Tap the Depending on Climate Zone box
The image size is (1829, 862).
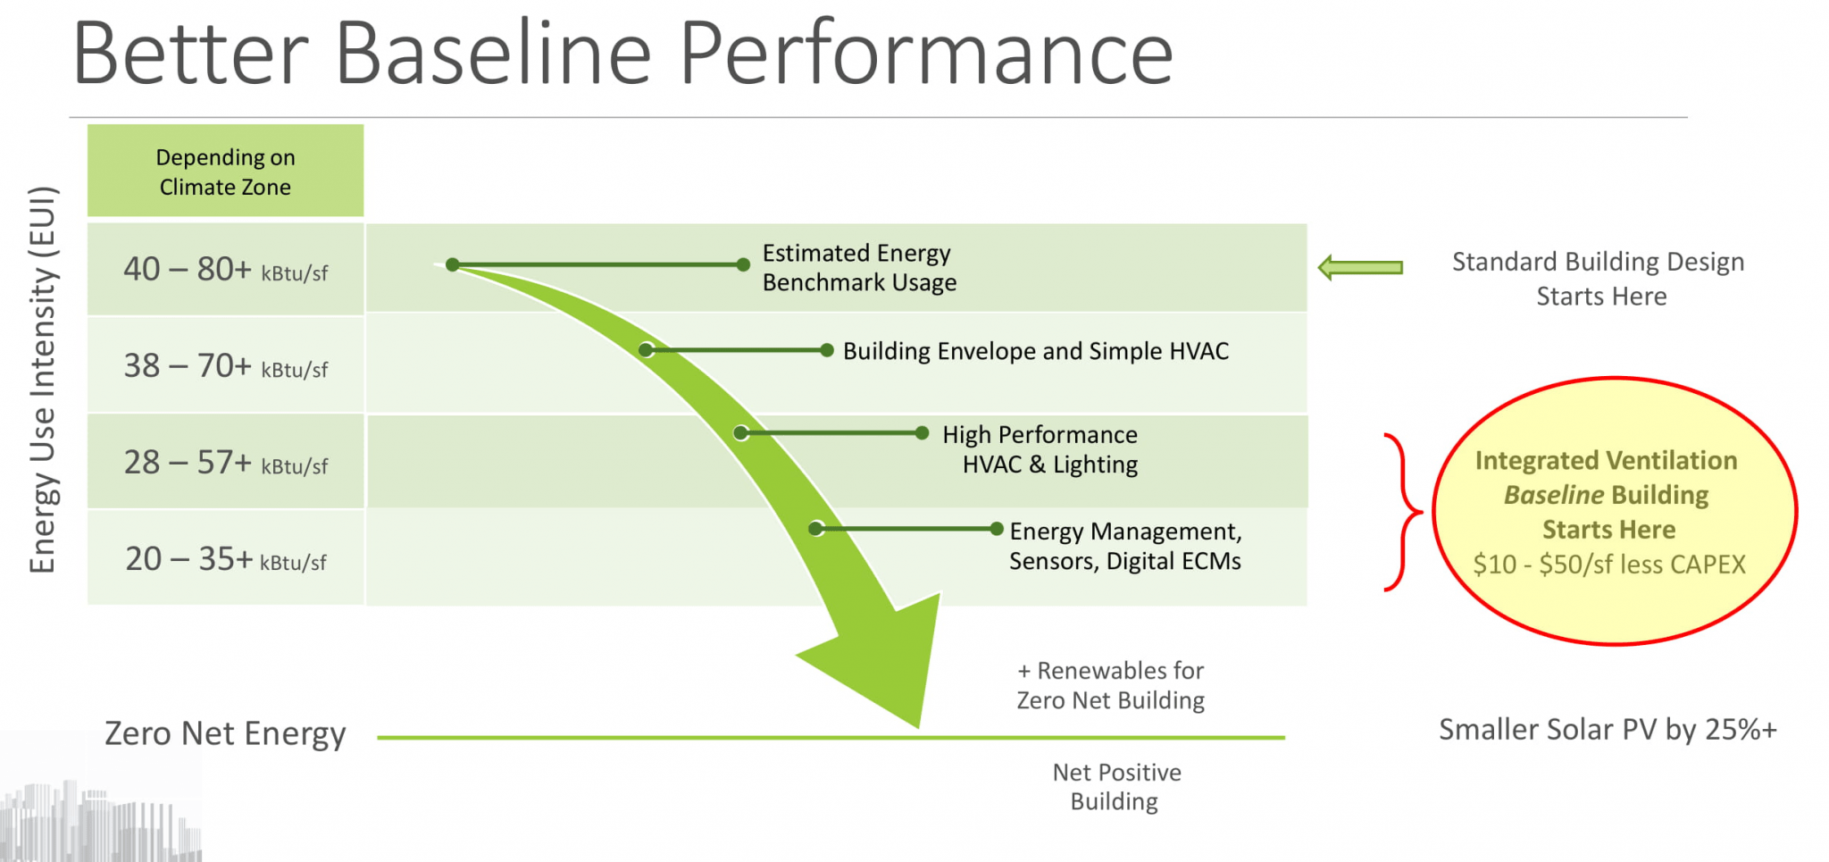pyautogui.click(x=225, y=172)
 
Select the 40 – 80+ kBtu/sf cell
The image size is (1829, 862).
pyautogui.click(x=225, y=270)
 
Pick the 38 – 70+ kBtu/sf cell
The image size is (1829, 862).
pyautogui.click(x=225, y=366)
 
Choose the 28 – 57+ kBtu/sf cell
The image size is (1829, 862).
pyautogui.click(x=225, y=463)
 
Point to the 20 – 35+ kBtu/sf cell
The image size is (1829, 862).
pyautogui.click(x=225, y=559)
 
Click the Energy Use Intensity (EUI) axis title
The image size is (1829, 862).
pyautogui.click(x=43, y=380)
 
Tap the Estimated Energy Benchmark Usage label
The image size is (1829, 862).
pyautogui.click(x=858, y=268)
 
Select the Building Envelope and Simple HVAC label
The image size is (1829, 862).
pyautogui.click(x=1035, y=351)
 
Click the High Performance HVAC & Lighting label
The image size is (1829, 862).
pyautogui.click(x=1041, y=449)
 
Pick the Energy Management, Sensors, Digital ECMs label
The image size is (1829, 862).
pyautogui.click(x=1125, y=546)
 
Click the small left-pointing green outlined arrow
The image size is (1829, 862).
pyautogui.click(x=1360, y=267)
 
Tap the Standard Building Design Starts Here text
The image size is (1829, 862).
pyautogui.click(x=1599, y=279)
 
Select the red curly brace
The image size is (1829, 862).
pyautogui.click(x=1403, y=513)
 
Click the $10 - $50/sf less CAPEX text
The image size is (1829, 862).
pyautogui.click(x=1609, y=565)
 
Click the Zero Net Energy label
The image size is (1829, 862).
pyautogui.click(x=225, y=733)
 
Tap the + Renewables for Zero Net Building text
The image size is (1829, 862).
pyautogui.click(x=1111, y=685)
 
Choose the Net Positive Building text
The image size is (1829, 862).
pyautogui.click(x=1116, y=787)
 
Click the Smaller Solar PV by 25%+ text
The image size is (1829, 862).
pyautogui.click(x=1608, y=730)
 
